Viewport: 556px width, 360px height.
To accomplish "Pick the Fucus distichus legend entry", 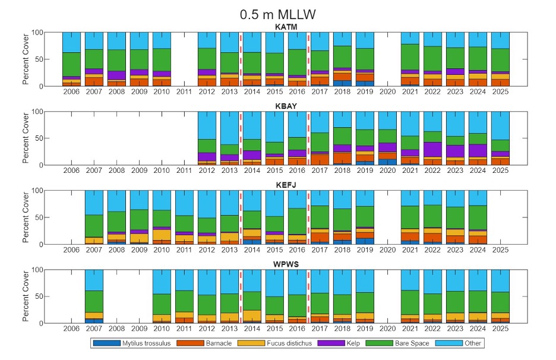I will [276, 343].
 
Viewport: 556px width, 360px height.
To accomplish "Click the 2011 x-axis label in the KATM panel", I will [184, 92].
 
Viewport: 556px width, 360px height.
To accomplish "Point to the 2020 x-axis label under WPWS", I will [387, 329].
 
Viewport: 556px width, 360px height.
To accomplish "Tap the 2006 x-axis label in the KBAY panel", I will [71, 171].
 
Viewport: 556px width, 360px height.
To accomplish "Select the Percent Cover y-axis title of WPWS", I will [26, 296].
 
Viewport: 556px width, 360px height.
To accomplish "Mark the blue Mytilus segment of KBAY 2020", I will [387, 162].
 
